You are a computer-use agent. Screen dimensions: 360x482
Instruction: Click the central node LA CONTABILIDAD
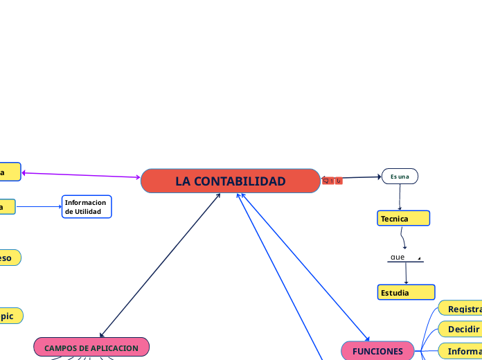click(231, 181)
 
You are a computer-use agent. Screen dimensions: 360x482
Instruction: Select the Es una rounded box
click(400, 177)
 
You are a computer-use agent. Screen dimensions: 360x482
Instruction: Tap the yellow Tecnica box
click(404, 219)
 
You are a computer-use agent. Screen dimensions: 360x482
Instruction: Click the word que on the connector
click(398, 258)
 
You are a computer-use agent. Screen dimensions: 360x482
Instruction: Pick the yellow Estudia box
click(406, 292)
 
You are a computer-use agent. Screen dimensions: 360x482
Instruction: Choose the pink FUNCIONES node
click(378, 351)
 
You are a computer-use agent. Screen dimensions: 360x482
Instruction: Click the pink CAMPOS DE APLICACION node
click(91, 348)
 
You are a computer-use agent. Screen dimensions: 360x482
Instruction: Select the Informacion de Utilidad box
click(87, 206)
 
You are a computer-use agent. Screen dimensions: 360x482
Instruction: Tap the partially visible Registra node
click(460, 309)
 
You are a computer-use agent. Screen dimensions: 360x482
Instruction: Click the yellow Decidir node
click(460, 329)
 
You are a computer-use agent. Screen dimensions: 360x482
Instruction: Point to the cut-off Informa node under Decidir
click(460, 351)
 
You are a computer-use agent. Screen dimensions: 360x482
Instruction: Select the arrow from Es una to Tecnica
click(400, 197)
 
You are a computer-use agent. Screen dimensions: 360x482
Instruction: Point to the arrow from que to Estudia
click(406, 273)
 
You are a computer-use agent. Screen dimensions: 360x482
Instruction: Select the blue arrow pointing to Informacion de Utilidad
click(39, 206)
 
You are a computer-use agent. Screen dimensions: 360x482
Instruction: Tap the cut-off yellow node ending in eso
click(9, 258)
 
